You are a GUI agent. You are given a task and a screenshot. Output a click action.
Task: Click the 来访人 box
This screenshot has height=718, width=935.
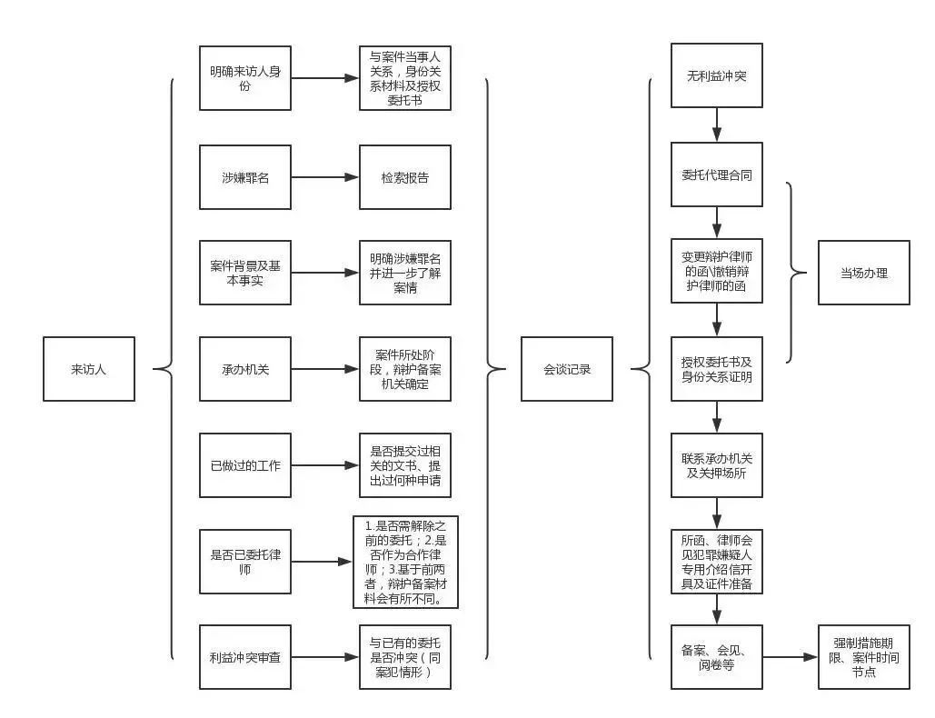(x=89, y=369)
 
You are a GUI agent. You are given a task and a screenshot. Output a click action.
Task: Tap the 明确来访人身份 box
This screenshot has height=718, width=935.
(x=245, y=78)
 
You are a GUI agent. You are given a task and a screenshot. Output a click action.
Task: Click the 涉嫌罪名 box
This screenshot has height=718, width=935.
(x=245, y=177)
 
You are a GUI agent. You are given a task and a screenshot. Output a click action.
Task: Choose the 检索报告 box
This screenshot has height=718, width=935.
(x=404, y=177)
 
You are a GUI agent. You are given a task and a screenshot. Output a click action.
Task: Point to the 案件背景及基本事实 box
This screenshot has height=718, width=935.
(x=245, y=272)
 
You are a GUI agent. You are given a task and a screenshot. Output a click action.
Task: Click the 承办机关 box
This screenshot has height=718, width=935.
(x=245, y=369)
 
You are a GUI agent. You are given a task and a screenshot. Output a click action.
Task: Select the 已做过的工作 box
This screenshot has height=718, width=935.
(x=245, y=466)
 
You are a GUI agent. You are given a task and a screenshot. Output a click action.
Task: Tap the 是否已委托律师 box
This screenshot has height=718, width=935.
(x=245, y=562)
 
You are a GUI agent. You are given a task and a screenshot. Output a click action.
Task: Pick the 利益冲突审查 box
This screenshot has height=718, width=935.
(x=245, y=656)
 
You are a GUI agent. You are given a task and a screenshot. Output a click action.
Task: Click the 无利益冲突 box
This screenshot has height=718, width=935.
(x=717, y=75)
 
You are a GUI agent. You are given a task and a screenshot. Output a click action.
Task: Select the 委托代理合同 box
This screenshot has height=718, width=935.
(x=717, y=175)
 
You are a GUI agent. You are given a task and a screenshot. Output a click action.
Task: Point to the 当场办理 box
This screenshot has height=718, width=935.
(x=863, y=273)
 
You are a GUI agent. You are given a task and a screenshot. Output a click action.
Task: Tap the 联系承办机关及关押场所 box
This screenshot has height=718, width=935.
(x=717, y=465)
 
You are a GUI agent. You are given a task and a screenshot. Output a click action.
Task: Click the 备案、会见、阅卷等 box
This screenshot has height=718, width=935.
(x=717, y=656)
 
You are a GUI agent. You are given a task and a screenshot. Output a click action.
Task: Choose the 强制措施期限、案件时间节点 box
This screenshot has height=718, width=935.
(x=863, y=656)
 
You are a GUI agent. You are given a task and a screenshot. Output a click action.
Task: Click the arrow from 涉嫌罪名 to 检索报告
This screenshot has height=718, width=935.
(x=324, y=177)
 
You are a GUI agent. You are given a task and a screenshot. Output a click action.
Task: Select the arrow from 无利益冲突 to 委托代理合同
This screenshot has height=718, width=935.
(x=717, y=125)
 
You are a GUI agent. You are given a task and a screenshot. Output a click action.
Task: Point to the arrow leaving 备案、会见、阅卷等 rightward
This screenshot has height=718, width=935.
(x=790, y=656)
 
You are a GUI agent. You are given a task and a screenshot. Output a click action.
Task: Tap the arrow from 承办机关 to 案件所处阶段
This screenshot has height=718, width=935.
(x=324, y=369)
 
